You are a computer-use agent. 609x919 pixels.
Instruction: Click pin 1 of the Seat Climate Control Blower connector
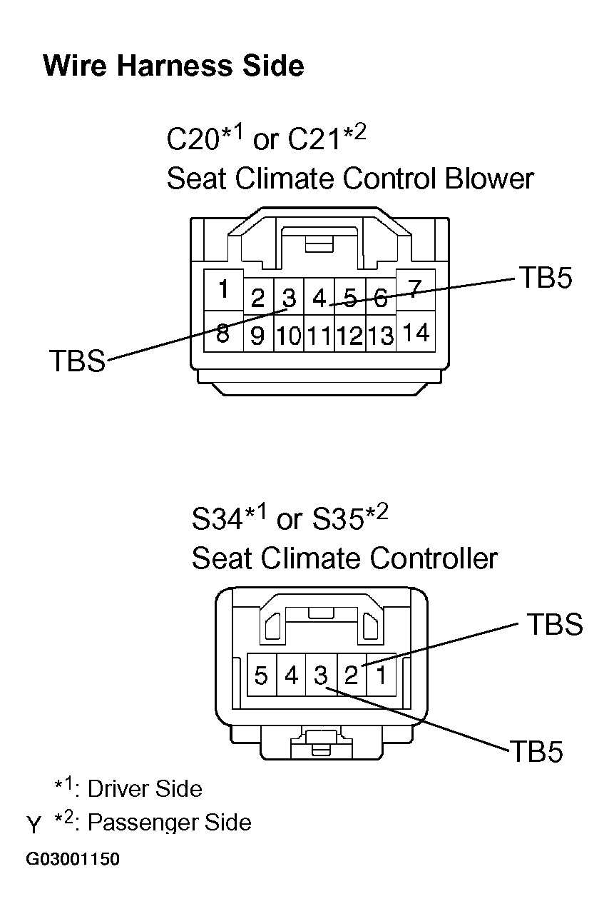223,290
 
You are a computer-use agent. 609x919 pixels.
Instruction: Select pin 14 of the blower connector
414,332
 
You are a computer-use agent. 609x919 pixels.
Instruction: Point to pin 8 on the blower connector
222,333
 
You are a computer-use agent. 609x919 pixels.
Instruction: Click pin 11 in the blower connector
319,336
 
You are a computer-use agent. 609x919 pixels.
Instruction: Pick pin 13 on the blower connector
381,336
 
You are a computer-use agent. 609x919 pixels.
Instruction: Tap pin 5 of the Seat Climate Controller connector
261,675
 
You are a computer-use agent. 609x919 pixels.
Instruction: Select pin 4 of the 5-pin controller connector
291,675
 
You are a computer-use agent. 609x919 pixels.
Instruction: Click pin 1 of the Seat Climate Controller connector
382,675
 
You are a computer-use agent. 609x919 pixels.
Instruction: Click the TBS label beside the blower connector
76,361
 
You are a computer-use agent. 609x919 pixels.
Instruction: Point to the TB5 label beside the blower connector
545,278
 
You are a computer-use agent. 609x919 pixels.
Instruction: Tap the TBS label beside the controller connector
555,625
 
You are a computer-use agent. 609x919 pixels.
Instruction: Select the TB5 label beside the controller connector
536,752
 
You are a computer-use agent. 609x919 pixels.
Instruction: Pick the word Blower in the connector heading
489,179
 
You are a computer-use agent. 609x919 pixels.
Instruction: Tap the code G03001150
73,859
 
